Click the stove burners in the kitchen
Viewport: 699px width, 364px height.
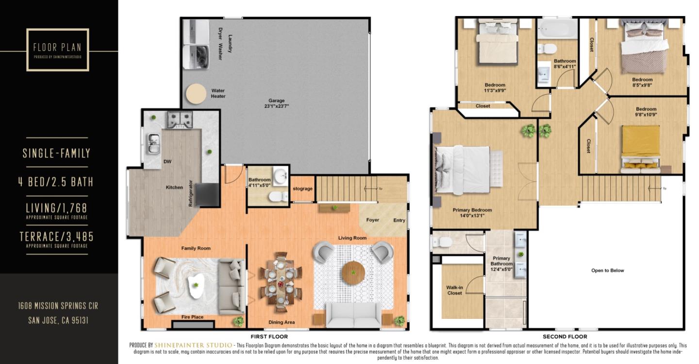pyautogui.click(x=180, y=119)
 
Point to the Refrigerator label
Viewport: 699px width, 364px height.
pyautogui.click(x=191, y=194)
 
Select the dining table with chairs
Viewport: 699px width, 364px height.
pyautogui.click(x=280, y=282)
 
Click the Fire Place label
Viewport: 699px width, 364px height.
pyautogui.click(x=192, y=317)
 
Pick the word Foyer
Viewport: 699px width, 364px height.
pyautogui.click(x=372, y=220)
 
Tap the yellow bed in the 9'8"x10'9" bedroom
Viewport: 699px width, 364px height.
pyautogui.click(x=641, y=146)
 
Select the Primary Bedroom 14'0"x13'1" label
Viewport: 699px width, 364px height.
pyautogui.click(x=472, y=213)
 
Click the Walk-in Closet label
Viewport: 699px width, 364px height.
pyautogui.click(x=454, y=290)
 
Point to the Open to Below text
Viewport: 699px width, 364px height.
pyautogui.click(x=607, y=271)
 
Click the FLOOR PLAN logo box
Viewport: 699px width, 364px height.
pyautogui.click(x=57, y=50)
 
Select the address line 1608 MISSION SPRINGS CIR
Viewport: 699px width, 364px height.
pyautogui.click(x=58, y=306)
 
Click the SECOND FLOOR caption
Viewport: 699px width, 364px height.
pyautogui.click(x=565, y=336)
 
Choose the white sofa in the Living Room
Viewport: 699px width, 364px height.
pyautogui.click(x=353, y=315)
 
